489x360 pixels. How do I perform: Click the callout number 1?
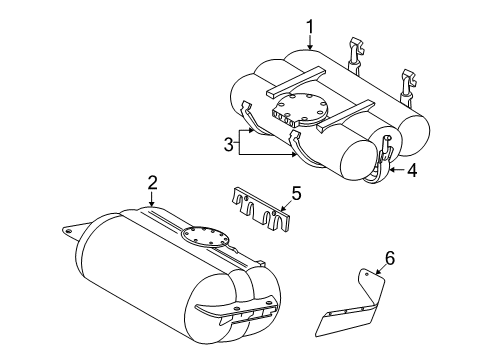[310, 27]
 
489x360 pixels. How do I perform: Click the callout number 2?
[152, 183]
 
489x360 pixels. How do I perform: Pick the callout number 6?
[390, 258]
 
